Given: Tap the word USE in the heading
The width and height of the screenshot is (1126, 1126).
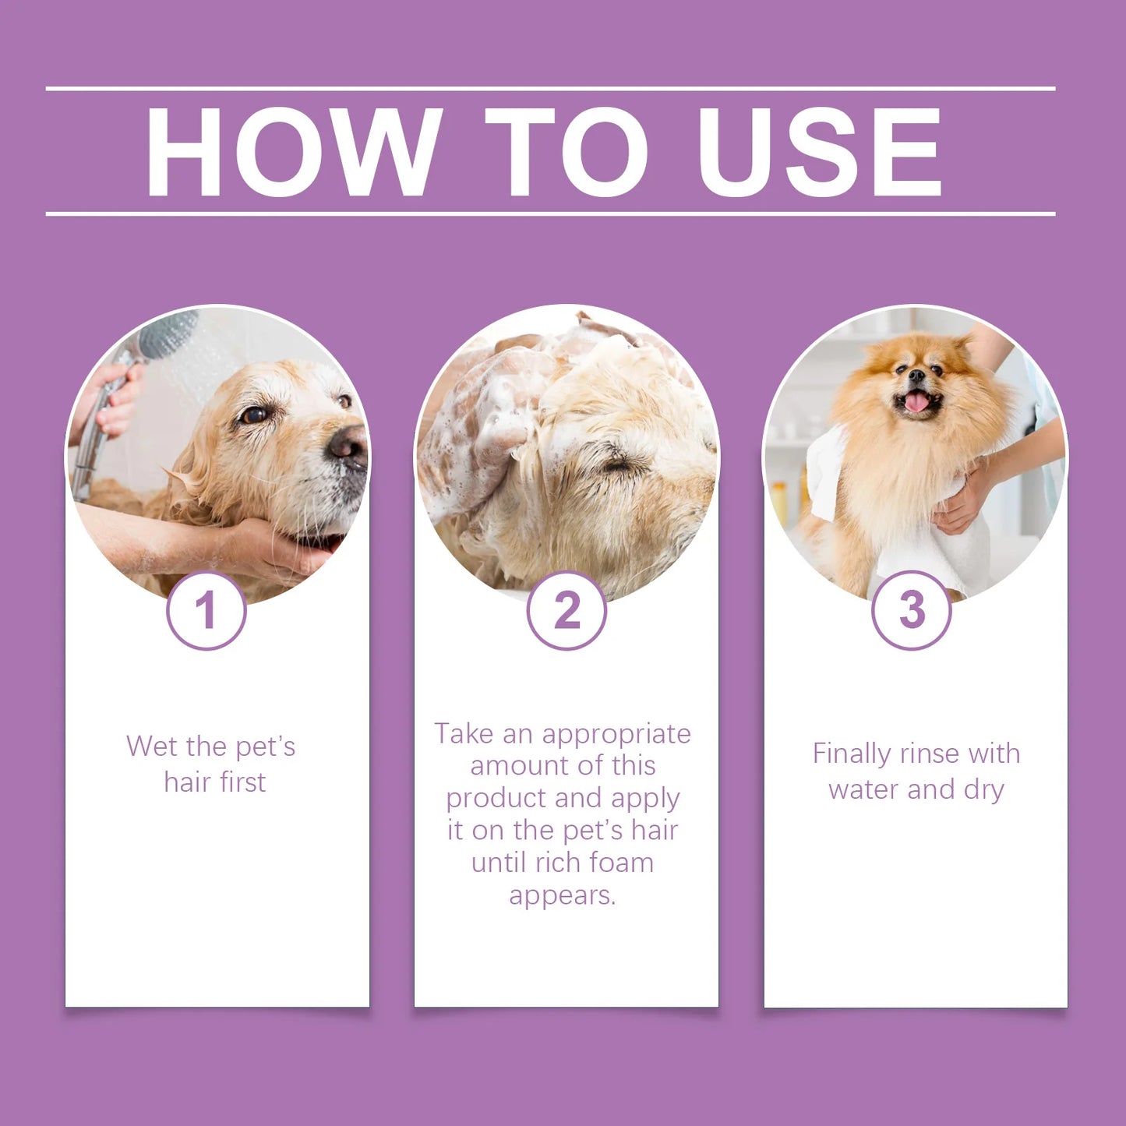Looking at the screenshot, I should pyautogui.click(x=820, y=151).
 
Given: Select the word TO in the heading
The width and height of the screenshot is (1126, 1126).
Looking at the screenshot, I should pyautogui.click(x=567, y=151).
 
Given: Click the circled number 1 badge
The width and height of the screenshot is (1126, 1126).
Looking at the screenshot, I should pyautogui.click(x=206, y=610).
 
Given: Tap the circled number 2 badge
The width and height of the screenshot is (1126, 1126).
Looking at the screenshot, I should pyautogui.click(x=567, y=610).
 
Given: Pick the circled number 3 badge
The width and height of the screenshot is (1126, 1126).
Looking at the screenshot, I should pyautogui.click(x=911, y=610).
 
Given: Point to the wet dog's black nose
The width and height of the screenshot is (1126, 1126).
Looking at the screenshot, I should pyautogui.click(x=347, y=445).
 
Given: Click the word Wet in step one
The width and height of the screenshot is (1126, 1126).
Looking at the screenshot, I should pyautogui.click(x=152, y=747).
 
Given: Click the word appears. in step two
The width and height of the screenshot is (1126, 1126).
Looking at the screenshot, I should pyautogui.click(x=563, y=895).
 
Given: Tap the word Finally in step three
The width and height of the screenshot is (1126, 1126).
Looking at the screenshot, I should pyautogui.click(x=851, y=754).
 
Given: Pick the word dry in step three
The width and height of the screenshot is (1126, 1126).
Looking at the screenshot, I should pyautogui.click(x=984, y=789).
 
